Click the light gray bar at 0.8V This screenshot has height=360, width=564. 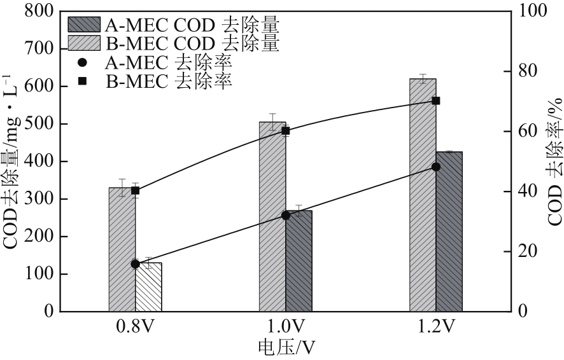[122, 254]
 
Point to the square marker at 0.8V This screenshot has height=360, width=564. [135, 190]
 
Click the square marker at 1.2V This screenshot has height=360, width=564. [436, 100]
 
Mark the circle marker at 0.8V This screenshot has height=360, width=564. [135, 263]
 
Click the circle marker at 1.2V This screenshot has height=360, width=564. [436, 167]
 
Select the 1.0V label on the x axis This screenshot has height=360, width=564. [285, 327]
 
